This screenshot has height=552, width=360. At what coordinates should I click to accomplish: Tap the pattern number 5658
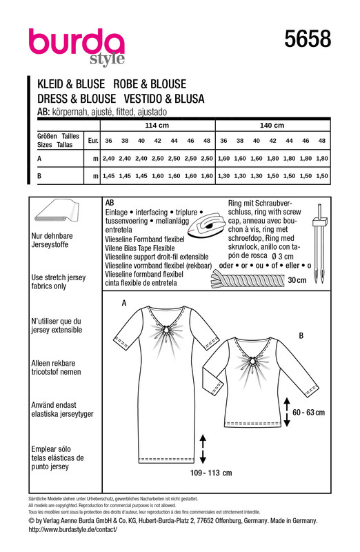click(308, 39)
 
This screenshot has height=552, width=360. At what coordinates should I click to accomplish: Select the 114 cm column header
click(157, 126)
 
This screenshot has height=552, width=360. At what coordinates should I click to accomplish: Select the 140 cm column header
click(272, 126)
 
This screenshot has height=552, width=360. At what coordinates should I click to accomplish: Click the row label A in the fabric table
click(39, 159)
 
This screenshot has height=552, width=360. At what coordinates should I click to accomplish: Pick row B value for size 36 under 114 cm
click(108, 176)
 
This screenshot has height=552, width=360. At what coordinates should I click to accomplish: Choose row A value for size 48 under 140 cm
click(322, 159)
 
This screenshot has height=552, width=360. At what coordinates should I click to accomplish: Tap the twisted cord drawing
click(248, 280)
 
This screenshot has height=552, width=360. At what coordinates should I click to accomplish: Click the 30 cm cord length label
click(297, 280)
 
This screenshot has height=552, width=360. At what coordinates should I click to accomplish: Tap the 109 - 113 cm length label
click(211, 473)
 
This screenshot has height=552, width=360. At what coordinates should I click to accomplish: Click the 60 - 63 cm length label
click(309, 412)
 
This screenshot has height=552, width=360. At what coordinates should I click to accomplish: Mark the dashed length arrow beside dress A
click(203, 449)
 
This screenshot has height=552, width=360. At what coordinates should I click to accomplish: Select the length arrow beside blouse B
click(287, 412)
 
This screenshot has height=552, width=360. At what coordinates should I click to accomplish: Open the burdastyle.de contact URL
click(72, 529)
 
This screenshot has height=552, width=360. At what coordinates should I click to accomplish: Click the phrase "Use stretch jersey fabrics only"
click(59, 282)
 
